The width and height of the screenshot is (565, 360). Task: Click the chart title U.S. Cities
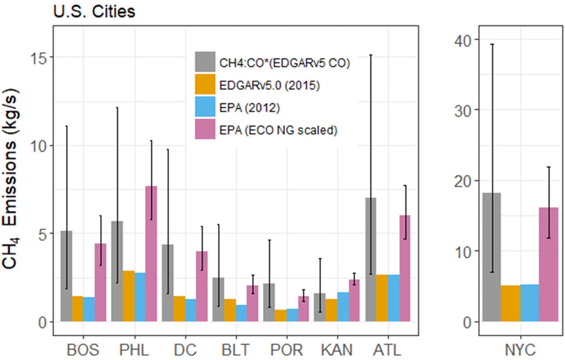pyautogui.click(x=94, y=11)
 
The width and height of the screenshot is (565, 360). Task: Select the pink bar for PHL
pyautogui.click(x=151, y=254)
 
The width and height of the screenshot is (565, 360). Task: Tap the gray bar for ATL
pyautogui.click(x=371, y=260)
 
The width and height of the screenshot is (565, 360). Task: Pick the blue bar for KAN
pyautogui.click(x=343, y=307)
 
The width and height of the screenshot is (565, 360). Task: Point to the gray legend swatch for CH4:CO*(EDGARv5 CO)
pyautogui.click(x=205, y=62)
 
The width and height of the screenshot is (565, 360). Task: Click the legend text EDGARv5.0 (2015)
pyautogui.click(x=269, y=85)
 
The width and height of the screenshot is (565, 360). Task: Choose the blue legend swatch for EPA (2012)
pyautogui.click(x=205, y=107)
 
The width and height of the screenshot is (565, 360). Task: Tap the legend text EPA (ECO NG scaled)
pyautogui.click(x=278, y=130)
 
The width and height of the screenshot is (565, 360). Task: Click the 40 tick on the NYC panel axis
pyautogui.click(x=463, y=40)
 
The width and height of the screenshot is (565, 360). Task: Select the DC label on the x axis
pyautogui.click(x=185, y=350)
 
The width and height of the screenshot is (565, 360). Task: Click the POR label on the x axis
pyautogui.click(x=287, y=350)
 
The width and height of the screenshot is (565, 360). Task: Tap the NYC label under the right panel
pyautogui.click(x=520, y=350)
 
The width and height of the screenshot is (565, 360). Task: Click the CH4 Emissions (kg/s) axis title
pyautogui.click(x=10, y=179)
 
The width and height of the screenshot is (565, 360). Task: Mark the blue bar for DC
pyautogui.click(x=191, y=310)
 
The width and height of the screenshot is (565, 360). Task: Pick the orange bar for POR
pyautogui.click(x=281, y=315)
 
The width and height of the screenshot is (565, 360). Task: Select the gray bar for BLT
pyautogui.click(x=218, y=299)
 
